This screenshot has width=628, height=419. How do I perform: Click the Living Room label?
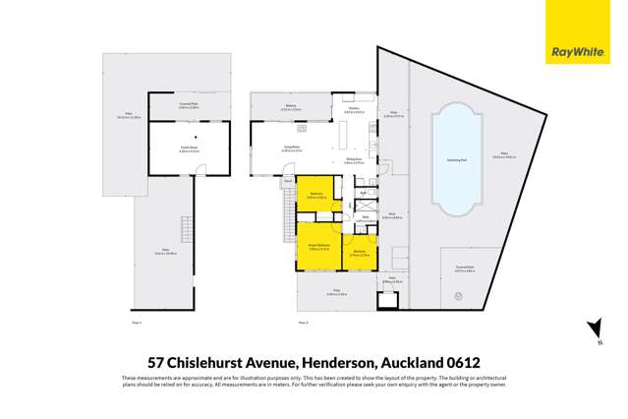[292, 149]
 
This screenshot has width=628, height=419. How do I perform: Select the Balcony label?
[291, 108]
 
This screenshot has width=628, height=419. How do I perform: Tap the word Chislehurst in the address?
[203, 361]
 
